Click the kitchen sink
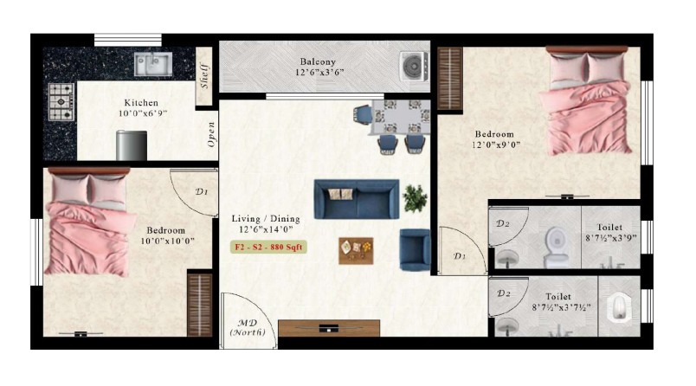click(153, 64)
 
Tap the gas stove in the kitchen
click(61, 102)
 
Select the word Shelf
click(204, 76)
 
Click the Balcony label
click(318, 61)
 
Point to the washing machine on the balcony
click(415, 67)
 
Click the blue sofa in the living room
click(357, 199)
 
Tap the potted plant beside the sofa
click(415, 198)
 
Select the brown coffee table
click(356, 251)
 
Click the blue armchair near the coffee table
click(415, 249)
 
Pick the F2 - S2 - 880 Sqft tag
click(268, 248)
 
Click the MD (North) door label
click(248, 327)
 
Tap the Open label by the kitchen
click(212, 134)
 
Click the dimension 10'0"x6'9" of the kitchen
click(143, 113)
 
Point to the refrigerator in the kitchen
click(132, 145)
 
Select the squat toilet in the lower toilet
click(619, 307)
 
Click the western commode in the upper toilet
click(555, 247)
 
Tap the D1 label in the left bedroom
click(202, 191)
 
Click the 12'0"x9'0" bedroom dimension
click(496, 145)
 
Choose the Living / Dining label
click(266, 219)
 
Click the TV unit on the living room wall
click(329, 328)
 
